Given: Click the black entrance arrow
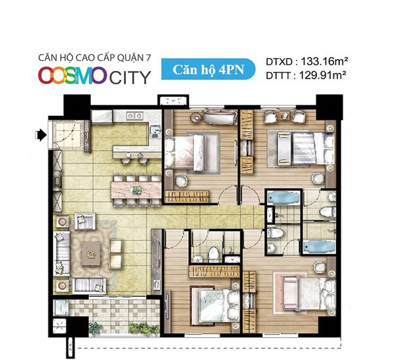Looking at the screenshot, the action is pyautogui.click(x=41, y=135).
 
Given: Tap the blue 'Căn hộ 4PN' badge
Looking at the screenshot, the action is pyautogui.click(x=208, y=69).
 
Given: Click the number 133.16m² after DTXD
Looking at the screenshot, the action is pyautogui.click(x=324, y=61).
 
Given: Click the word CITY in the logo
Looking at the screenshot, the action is pyautogui.click(x=130, y=77).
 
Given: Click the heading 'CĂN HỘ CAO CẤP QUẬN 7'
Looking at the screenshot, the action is pyautogui.click(x=95, y=58).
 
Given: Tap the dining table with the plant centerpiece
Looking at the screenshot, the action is pyautogui.click(x=136, y=190).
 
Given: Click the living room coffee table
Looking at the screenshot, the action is pyautogui.click(x=91, y=254).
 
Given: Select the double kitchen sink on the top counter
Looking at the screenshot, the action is pyautogui.click(x=134, y=115).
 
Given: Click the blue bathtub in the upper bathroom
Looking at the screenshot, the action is pyautogui.click(x=284, y=198).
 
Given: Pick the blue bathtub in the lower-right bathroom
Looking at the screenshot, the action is pyautogui.click(x=319, y=247).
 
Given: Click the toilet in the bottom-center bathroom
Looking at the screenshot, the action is pyautogui.click(x=214, y=254).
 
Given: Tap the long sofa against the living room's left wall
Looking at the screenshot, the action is pyautogui.click(x=62, y=253).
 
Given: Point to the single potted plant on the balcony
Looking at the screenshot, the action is pyautogui.click(x=96, y=328).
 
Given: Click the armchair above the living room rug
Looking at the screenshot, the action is pyautogui.click(x=85, y=221).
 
